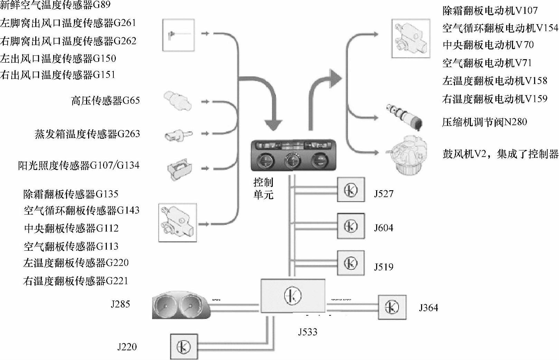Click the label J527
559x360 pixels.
point(384,194)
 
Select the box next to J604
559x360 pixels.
point(351,226)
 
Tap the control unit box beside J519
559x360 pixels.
point(351,263)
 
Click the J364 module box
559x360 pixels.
point(392,307)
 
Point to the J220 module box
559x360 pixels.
point(184,347)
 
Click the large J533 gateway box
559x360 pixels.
point(293,296)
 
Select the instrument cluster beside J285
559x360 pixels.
point(181,305)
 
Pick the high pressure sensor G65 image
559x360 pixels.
point(178,101)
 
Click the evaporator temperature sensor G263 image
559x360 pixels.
point(178,135)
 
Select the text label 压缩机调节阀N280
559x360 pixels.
point(484,122)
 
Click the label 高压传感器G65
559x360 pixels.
point(105,101)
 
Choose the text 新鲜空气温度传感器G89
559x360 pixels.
point(55,5)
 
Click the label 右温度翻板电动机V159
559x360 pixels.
point(495,99)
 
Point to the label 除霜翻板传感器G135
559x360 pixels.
point(71,194)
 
